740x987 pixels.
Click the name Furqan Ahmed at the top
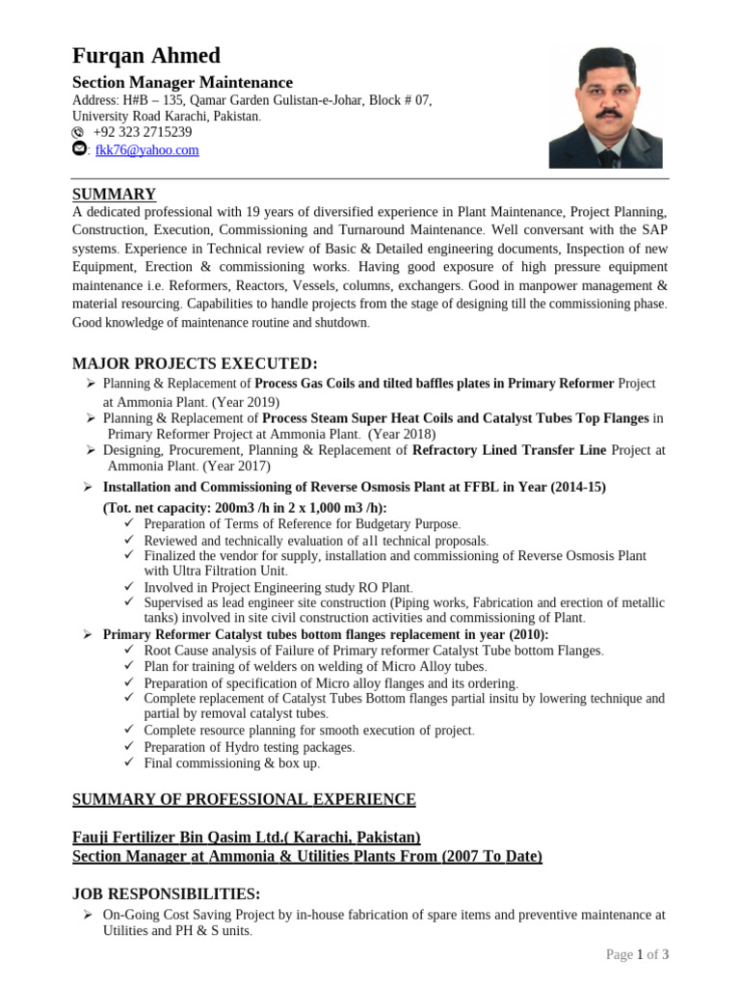tap(146, 55)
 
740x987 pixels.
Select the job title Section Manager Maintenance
tap(183, 83)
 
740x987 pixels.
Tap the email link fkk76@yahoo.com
tap(146, 150)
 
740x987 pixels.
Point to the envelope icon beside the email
tap(79, 149)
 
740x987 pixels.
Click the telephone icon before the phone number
tap(79, 132)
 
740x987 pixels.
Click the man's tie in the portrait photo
tap(604, 154)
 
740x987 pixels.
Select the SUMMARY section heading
tap(114, 194)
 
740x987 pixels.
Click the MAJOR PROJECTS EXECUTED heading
tap(195, 362)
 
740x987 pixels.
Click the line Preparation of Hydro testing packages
tap(249, 747)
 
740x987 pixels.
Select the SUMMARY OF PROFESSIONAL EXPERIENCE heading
tap(245, 799)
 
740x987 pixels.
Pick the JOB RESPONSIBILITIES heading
tap(166, 894)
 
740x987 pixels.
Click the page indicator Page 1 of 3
tap(637, 954)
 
